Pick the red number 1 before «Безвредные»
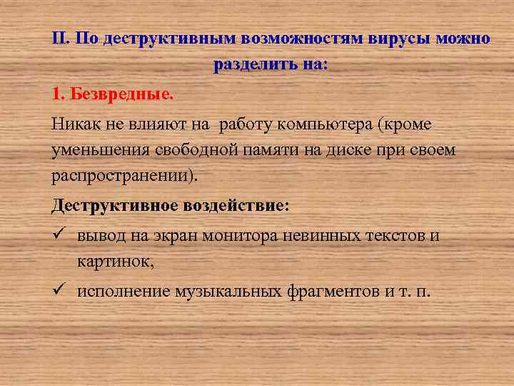click(x=57, y=94)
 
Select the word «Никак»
click(x=74, y=124)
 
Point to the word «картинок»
click(x=114, y=262)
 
